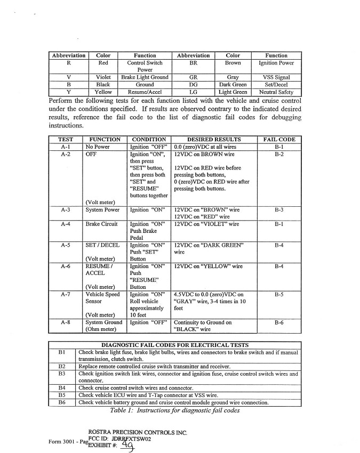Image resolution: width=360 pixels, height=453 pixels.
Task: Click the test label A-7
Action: (66, 294)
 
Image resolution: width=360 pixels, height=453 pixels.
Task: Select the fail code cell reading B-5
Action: (279, 294)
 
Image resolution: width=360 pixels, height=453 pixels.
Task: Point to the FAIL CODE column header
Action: (279, 140)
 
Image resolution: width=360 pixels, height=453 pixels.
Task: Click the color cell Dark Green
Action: (233, 84)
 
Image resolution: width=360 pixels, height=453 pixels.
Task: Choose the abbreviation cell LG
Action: (194, 92)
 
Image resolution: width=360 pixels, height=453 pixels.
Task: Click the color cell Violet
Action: (103, 77)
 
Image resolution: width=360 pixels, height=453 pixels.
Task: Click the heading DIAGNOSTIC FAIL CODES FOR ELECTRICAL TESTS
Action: (174, 344)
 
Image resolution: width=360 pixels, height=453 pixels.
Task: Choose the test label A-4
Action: (66, 224)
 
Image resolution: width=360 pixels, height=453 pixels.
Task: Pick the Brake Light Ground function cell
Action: (145, 77)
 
